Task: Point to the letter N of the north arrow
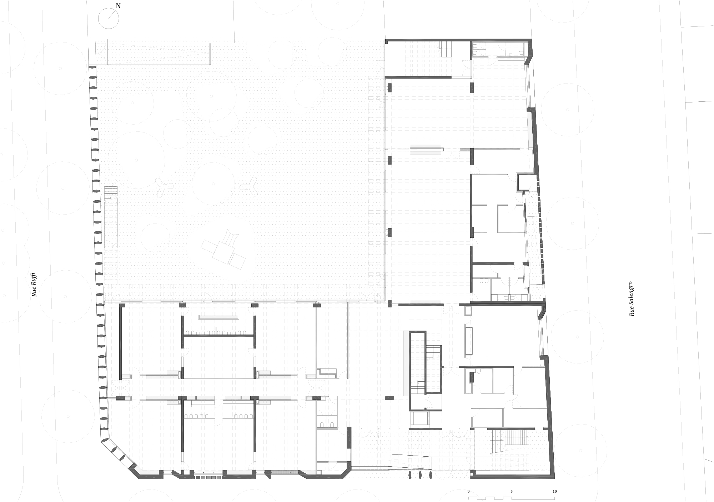[118, 6]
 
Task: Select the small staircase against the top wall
[446, 49]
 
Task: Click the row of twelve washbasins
[218, 333]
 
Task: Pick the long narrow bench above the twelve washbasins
[218, 316]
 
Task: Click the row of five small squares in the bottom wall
[208, 477]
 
